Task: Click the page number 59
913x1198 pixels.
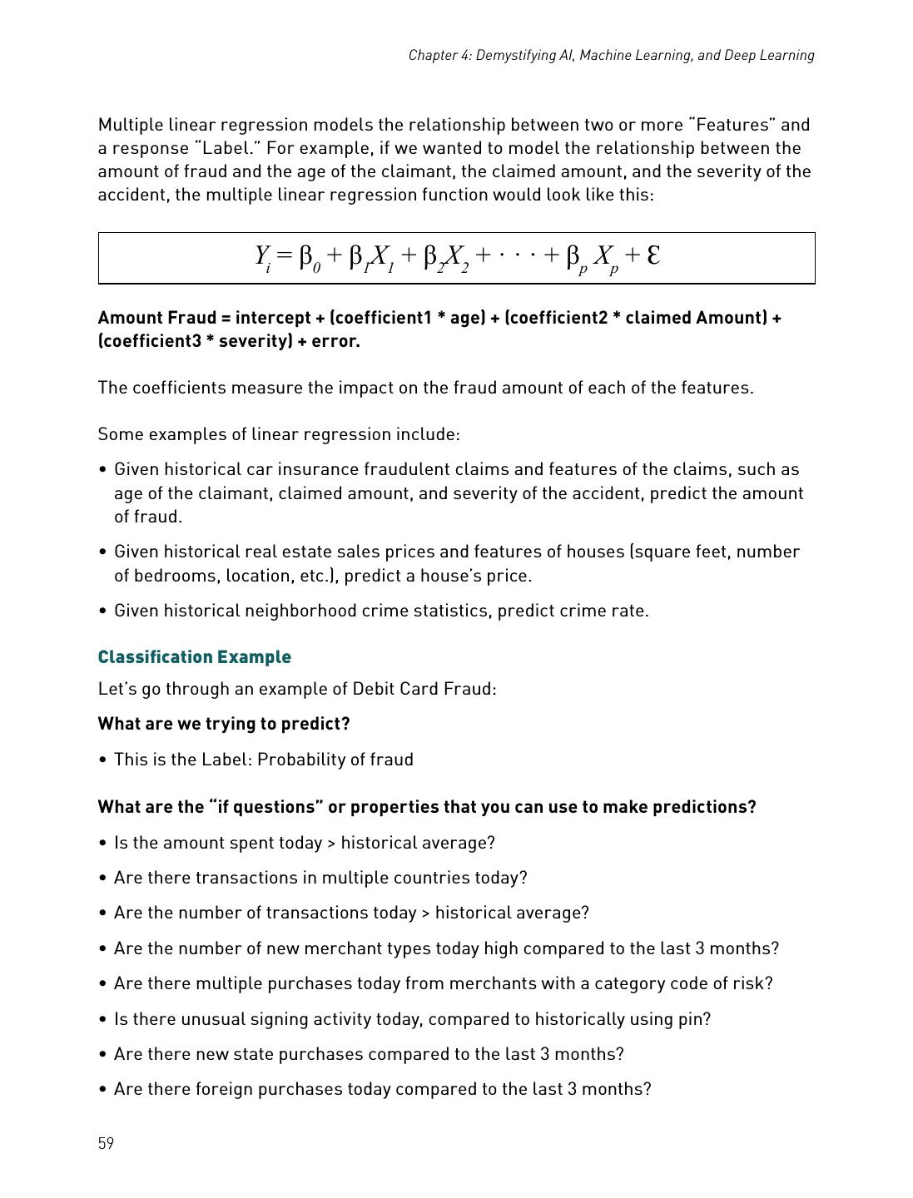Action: (106, 1143)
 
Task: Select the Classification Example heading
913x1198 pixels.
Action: (194, 657)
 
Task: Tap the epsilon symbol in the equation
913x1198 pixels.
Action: (653, 254)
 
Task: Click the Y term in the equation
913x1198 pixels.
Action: (262, 255)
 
